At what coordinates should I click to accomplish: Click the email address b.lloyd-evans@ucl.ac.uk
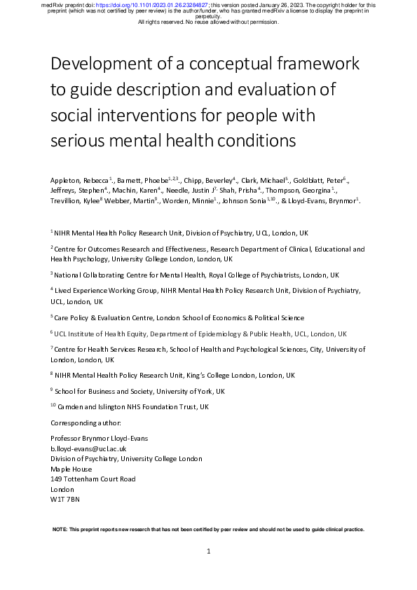coord(88,448)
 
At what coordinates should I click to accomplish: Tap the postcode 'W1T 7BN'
coord(65,499)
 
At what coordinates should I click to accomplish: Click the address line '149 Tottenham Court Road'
coord(93,479)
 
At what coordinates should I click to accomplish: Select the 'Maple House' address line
coord(71,468)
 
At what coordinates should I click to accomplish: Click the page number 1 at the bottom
coord(209,552)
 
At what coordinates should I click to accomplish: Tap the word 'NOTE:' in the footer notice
coord(61,529)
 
